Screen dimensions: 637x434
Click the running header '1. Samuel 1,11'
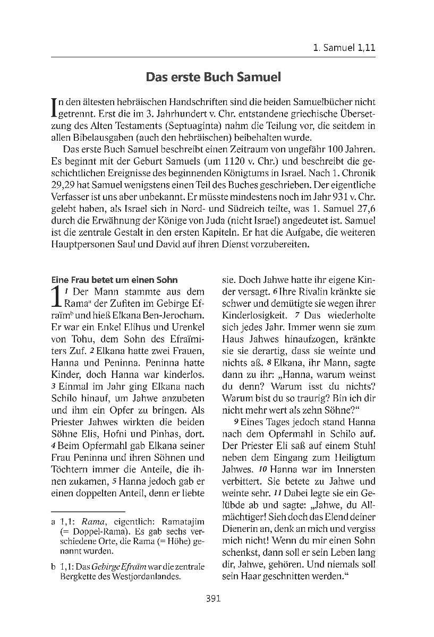[x=344, y=47]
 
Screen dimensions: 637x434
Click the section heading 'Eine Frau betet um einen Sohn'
[x=114, y=280]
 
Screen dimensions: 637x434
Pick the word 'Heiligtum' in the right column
[x=353, y=458]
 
